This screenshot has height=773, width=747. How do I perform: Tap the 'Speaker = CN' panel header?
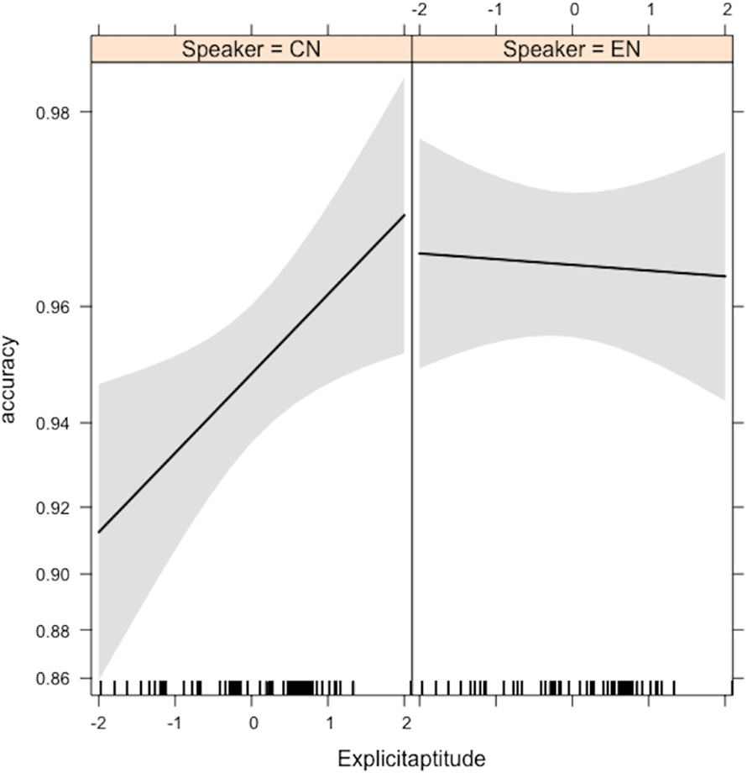tap(251, 50)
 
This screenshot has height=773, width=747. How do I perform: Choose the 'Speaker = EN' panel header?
tap(572, 50)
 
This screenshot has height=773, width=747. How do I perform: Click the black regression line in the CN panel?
tap(252, 374)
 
